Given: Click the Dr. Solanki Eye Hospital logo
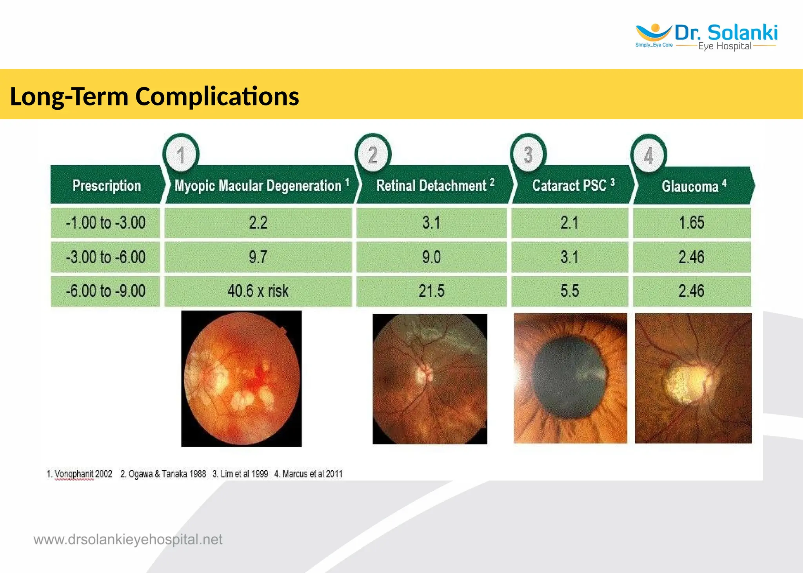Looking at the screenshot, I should pos(706,36).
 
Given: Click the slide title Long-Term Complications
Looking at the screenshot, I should pos(154,96).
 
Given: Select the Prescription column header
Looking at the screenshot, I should pos(106,185).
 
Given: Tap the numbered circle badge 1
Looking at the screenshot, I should pos(181,155).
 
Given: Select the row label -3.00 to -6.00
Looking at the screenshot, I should pos(105,257).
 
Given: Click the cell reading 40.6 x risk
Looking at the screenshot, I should pos(258,291).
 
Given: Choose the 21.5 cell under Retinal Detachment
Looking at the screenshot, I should pos(431,291).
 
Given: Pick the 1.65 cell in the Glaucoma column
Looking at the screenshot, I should pos(692,223).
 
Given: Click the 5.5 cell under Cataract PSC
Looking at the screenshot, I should pos(569,291).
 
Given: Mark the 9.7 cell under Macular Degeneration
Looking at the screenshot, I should pos(258,257).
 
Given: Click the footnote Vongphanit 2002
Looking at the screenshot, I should pos(80,474).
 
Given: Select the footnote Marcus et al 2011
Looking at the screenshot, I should pos(309,474).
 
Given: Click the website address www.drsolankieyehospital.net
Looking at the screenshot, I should pos(128,540).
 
